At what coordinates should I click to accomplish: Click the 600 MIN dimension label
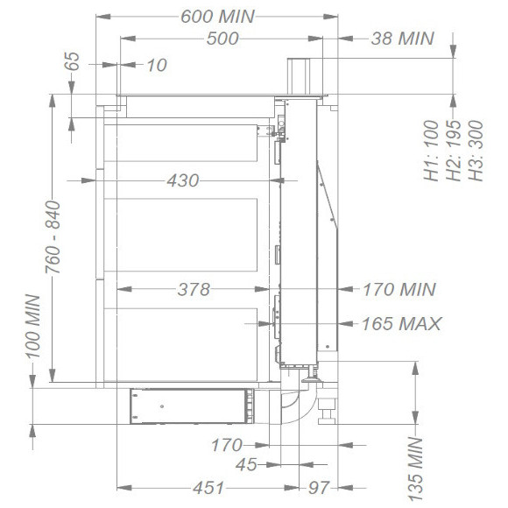pyautogui.click(x=218, y=16)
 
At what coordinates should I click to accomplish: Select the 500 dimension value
pyautogui.click(x=222, y=39)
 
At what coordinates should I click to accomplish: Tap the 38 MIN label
pyautogui.click(x=402, y=39)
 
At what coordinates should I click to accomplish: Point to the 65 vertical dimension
pyautogui.click(x=72, y=61)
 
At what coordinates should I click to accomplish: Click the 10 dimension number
pyautogui.click(x=157, y=65)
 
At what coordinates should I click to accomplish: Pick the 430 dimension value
pyautogui.click(x=183, y=180)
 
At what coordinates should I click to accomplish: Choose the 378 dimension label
pyautogui.click(x=194, y=289)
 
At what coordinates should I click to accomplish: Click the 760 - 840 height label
pyautogui.click(x=53, y=237)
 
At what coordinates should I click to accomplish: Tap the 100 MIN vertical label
pyautogui.click(x=33, y=326)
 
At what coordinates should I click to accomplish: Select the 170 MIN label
pyautogui.click(x=399, y=289)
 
